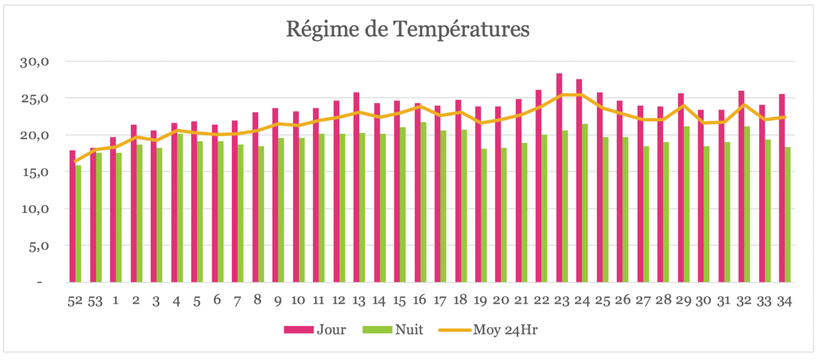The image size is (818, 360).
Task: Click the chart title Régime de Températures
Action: click(x=408, y=29)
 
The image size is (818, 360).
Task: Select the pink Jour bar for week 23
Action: click(x=559, y=179)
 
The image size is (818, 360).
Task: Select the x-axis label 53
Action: click(x=95, y=301)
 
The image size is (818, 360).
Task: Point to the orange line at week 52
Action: click(x=75, y=162)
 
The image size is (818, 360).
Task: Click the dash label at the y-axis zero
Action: click(x=40, y=282)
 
